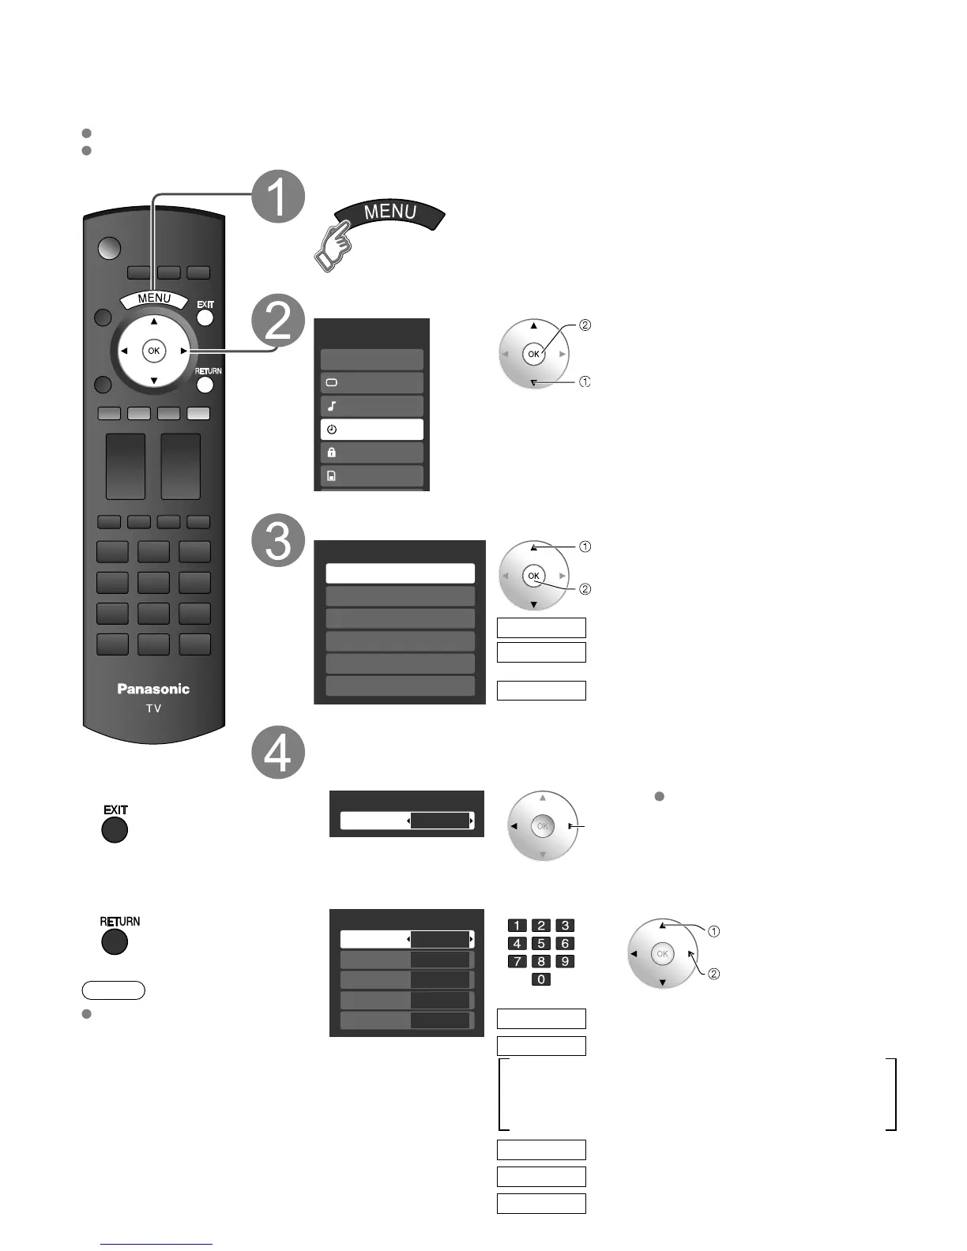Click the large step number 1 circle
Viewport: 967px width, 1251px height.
tap(278, 196)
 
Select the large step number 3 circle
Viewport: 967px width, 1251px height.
tap(278, 541)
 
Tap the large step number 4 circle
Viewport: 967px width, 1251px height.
tap(278, 752)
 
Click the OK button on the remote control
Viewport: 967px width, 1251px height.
tap(153, 351)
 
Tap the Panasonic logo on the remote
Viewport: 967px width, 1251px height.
tap(153, 689)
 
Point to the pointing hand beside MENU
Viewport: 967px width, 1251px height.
tap(332, 248)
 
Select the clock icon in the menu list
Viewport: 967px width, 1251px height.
tap(332, 430)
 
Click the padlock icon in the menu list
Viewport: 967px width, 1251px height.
tap(332, 453)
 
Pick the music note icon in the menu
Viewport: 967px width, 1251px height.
tap(332, 407)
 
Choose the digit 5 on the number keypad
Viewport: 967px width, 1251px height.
tap(541, 943)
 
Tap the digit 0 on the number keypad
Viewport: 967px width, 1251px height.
tap(541, 979)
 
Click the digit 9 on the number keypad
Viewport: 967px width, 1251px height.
tap(565, 961)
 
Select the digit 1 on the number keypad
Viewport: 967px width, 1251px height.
tap(517, 926)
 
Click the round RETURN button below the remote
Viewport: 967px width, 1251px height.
tap(115, 941)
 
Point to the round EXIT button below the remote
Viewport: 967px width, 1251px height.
tap(115, 830)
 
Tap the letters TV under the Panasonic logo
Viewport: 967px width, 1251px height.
tap(153, 708)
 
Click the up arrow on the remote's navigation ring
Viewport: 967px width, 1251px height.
tap(154, 321)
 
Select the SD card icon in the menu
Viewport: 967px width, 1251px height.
tap(332, 476)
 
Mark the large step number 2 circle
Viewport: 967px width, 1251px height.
tap(278, 323)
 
